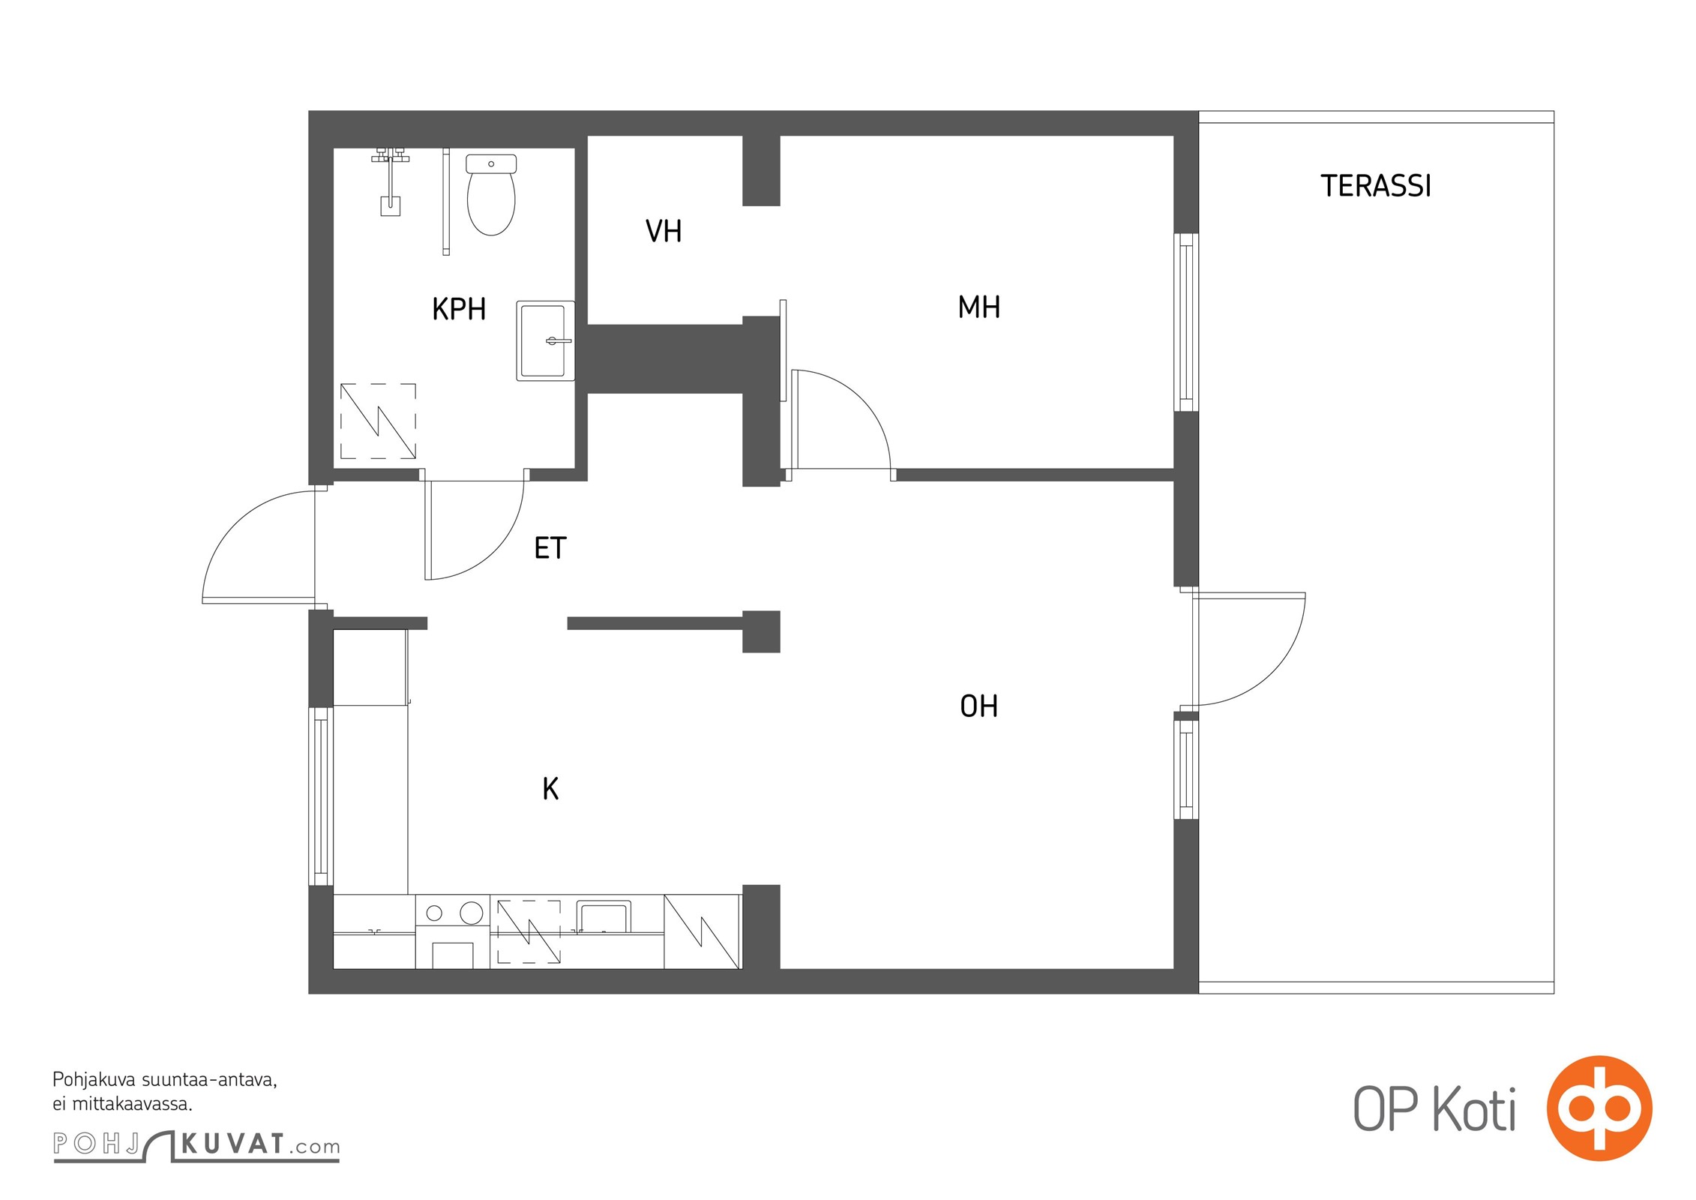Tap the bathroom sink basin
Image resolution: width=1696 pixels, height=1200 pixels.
(x=545, y=340)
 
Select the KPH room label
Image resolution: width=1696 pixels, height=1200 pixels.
(x=459, y=309)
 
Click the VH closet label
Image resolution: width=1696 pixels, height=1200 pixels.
(x=664, y=231)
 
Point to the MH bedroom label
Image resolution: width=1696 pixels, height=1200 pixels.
(x=979, y=307)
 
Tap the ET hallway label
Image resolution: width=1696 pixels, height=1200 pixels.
(x=550, y=548)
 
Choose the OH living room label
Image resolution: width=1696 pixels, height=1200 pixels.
(x=979, y=706)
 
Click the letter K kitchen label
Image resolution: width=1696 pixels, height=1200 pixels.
(x=550, y=789)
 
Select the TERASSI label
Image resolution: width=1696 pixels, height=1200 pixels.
(x=1376, y=186)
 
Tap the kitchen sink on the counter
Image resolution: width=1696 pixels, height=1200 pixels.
(x=603, y=916)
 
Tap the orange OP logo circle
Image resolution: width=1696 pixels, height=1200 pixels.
(x=1599, y=1108)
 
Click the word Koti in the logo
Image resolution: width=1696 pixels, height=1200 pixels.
(x=1474, y=1109)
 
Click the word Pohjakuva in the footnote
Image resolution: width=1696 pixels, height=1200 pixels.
(x=94, y=1080)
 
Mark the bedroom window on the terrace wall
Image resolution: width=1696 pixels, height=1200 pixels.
(x=1185, y=322)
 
